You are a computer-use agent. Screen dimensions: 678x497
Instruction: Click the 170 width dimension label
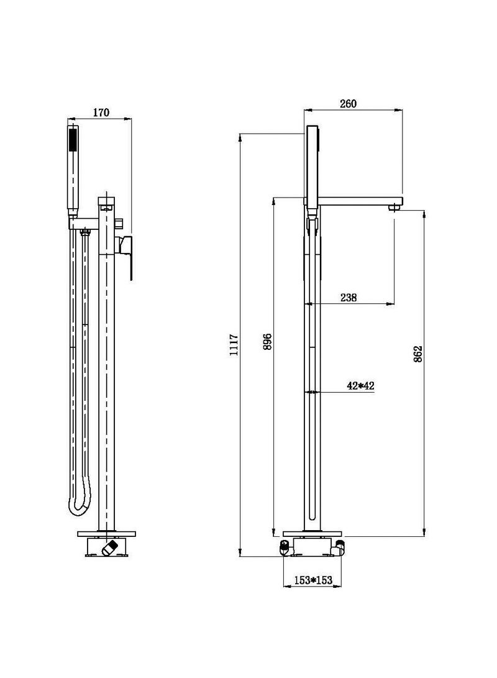(101, 112)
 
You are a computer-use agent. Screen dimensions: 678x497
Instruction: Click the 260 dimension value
(349, 104)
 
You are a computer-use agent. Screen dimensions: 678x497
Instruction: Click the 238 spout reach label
(349, 298)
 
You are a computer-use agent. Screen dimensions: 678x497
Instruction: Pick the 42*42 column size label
(360, 386)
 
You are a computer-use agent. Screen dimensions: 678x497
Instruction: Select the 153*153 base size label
(313, 580)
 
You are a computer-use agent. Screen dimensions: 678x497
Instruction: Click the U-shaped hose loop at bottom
(81, 506)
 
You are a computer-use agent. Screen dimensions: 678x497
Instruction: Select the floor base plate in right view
(313, 533)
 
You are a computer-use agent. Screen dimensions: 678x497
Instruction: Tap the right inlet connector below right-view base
(339, 547)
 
